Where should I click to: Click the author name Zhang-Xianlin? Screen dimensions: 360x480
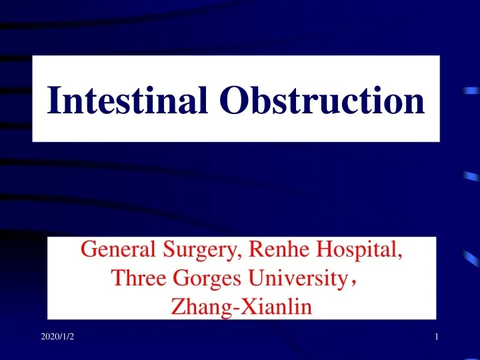click(242, 307)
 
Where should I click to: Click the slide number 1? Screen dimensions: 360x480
click(436, 339)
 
